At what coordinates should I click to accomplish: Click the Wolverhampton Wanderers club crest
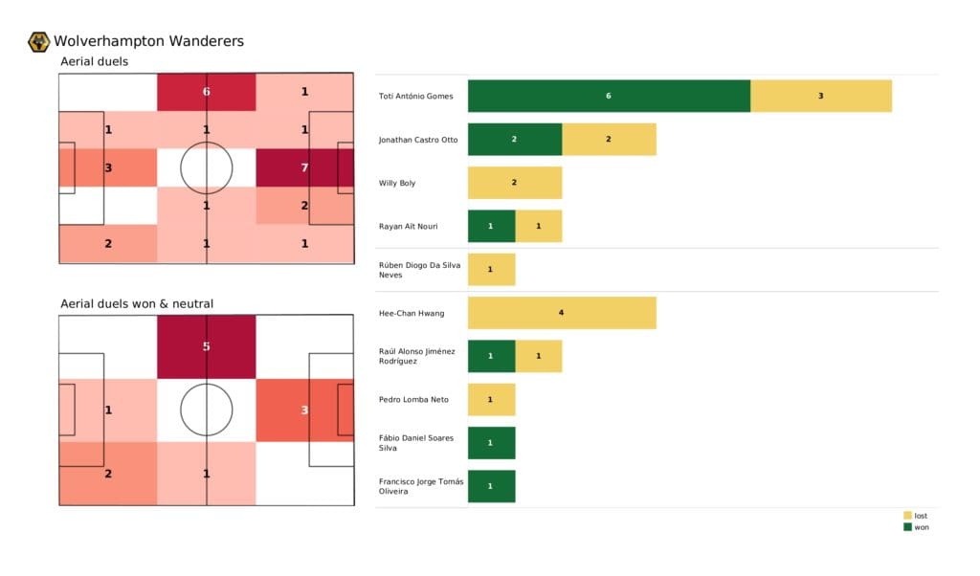click(39, 41)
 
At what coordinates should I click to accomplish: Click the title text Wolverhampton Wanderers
click(148, 41)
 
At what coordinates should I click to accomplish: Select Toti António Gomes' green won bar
click(609, 96)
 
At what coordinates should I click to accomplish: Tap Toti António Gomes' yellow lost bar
click(820, 96)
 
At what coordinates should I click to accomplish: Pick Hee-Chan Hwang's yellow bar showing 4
click(562, 313)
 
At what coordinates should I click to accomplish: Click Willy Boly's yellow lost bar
click(514, 183)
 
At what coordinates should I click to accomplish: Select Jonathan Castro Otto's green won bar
click(514, 140)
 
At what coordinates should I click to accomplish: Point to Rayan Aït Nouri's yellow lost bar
click(538, 226)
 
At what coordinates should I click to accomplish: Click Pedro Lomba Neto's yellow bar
click(491, 399)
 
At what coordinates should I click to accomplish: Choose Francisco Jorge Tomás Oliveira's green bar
click(491, 486)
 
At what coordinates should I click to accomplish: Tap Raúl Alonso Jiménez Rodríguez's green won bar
click(491, 356)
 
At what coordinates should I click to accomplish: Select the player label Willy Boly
click(397, 183)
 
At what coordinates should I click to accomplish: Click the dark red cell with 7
click(305, 167)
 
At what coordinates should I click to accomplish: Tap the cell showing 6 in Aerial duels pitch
click(207, 92)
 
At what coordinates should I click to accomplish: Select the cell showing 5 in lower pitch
click(207, 346)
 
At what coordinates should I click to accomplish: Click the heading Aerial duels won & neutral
click(137, 304)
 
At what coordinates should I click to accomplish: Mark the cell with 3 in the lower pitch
click(305, 410)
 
